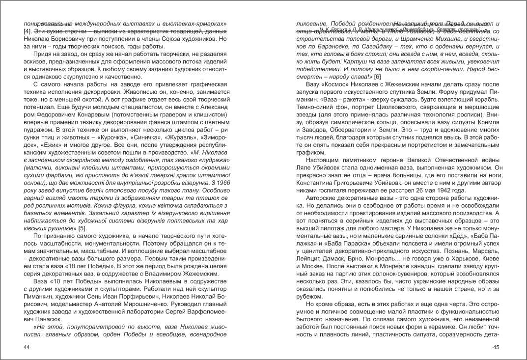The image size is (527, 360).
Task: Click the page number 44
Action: [28, 347]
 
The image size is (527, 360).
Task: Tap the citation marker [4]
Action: [28, 31]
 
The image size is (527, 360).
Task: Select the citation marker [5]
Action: [82, 228]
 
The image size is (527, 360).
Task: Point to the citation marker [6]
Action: [377, 77]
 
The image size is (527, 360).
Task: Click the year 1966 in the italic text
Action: [217, 182]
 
